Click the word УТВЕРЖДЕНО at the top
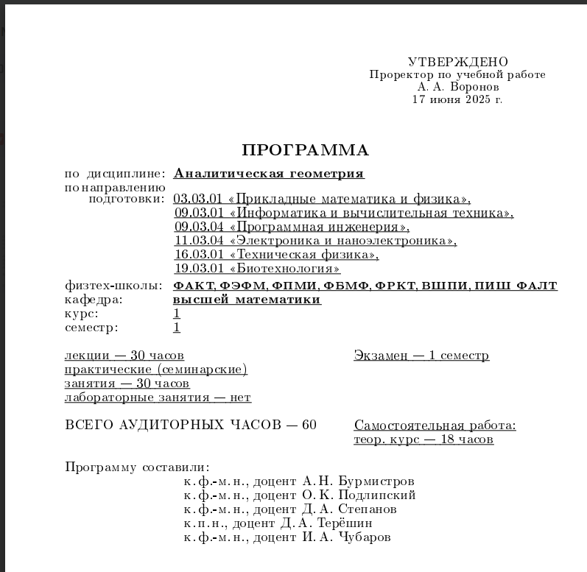[457, 62]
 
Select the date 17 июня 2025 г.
[457, 99]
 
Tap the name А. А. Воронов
[457, 86]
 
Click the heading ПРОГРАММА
[305, 151]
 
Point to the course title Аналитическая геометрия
[269, 174]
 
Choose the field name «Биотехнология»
[285, 269]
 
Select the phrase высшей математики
[247, 300]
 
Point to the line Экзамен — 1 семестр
[421, 356]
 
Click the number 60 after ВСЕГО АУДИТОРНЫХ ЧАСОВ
[309, 426]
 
